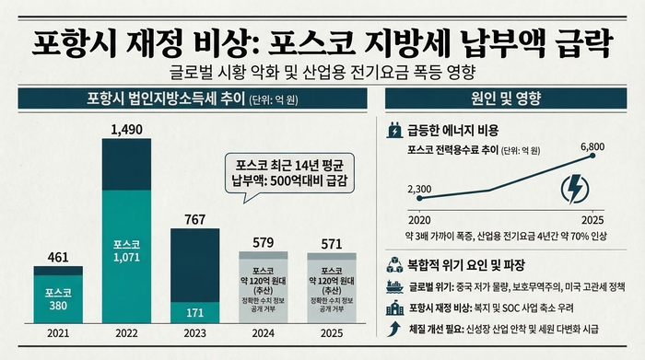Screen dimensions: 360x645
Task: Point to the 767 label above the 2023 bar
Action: click(x=194, y=219)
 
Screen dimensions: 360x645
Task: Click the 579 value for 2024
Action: click(x=264, y=241)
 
